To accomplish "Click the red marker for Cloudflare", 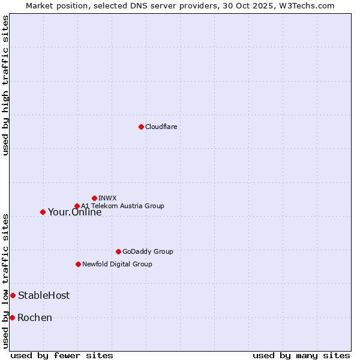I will tap(141, 127).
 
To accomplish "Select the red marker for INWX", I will tap(94, 198).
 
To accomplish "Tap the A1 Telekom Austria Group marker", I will tap(77, 206).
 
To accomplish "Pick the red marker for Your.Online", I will tap(43, 212).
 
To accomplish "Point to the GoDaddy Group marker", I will tap(118, 251).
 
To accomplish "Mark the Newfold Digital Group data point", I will tap(78, 264).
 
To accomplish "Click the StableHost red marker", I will tap(13, 295).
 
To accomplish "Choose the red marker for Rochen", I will tap(12, 317).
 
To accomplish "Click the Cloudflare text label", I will tap(161, 127).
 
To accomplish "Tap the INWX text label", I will tap(107, 198).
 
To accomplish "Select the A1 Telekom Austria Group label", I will tap(122, 206).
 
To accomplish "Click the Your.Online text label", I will tap(74, 212).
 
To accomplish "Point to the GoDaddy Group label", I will tap(148, 251).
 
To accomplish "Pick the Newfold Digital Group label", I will tap(117, 264).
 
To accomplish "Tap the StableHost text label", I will tap(44, 295).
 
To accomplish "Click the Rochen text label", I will tap(35, 317).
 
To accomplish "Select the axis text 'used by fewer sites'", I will tap(62, 356).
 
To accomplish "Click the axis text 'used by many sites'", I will tap(301, 356).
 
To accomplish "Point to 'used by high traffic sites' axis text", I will tap(6, 85).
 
